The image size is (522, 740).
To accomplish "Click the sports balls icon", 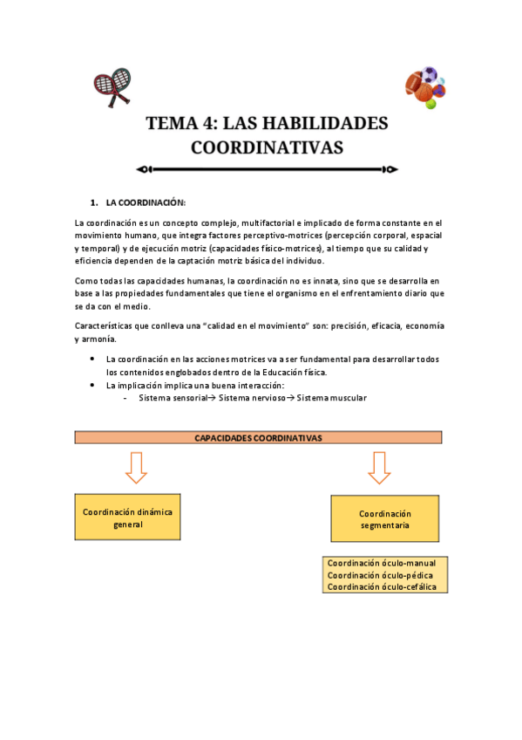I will click(x=425, y=87).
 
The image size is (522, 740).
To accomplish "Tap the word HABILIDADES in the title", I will click(x=319, y=123).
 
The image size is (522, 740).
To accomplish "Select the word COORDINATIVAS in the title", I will click(x=267, y=147).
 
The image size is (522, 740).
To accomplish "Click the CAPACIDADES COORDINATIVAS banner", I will click(x=258, y=437).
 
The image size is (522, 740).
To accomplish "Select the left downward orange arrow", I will click(x=136, y=467).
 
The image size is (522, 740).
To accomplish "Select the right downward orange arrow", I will click(x=379, y=467).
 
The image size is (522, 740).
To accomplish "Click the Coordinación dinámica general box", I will click(x=127, y=518).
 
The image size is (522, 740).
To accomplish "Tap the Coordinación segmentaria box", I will click(x=384, y=520).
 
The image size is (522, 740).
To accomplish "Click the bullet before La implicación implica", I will click(x=93, y=385).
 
